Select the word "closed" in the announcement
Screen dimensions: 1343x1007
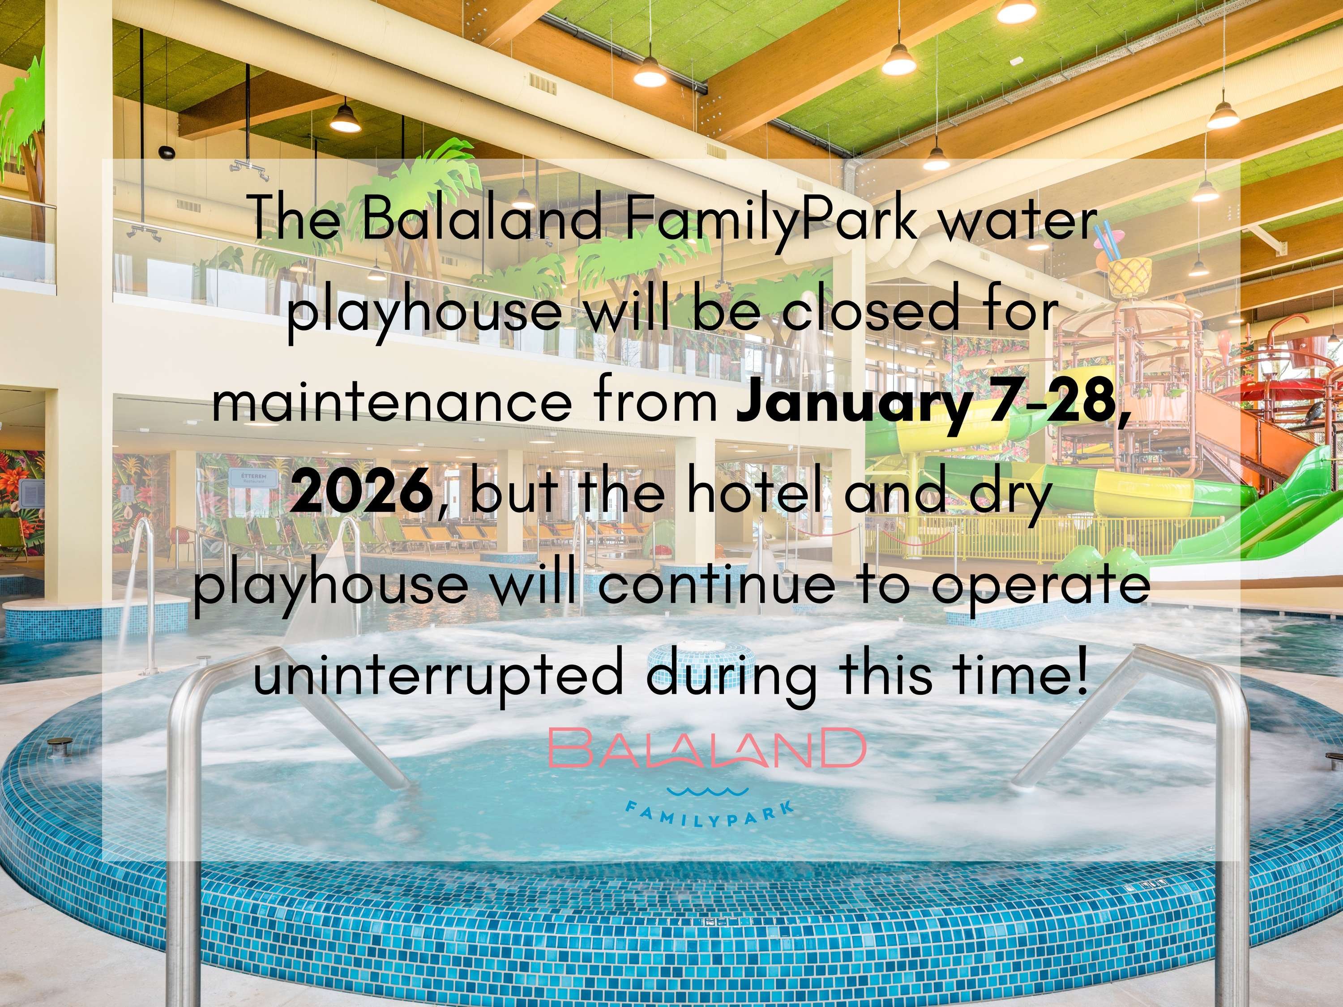coord(891,310)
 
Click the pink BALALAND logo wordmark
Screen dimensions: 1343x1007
coord(707,748)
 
